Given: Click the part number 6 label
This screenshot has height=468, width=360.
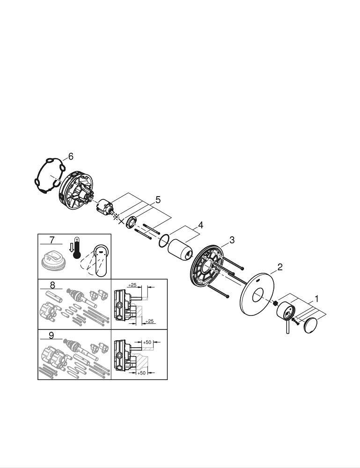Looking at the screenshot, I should [x=70, y=157].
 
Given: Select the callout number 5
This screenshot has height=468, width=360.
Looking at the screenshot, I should [x=158, y=199].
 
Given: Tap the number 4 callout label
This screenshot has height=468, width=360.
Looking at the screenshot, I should [x=200, y=225].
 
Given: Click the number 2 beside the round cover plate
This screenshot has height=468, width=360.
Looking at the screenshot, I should [x=279, y=267].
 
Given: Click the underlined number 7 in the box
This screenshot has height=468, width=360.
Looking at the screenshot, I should [x=52, y=240].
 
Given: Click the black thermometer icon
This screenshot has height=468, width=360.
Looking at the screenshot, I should [x=77, y=250].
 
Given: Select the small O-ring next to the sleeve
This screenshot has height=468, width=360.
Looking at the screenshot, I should [x=163, y=241].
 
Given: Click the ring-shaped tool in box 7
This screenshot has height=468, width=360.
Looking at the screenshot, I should [x=53, y=259].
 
